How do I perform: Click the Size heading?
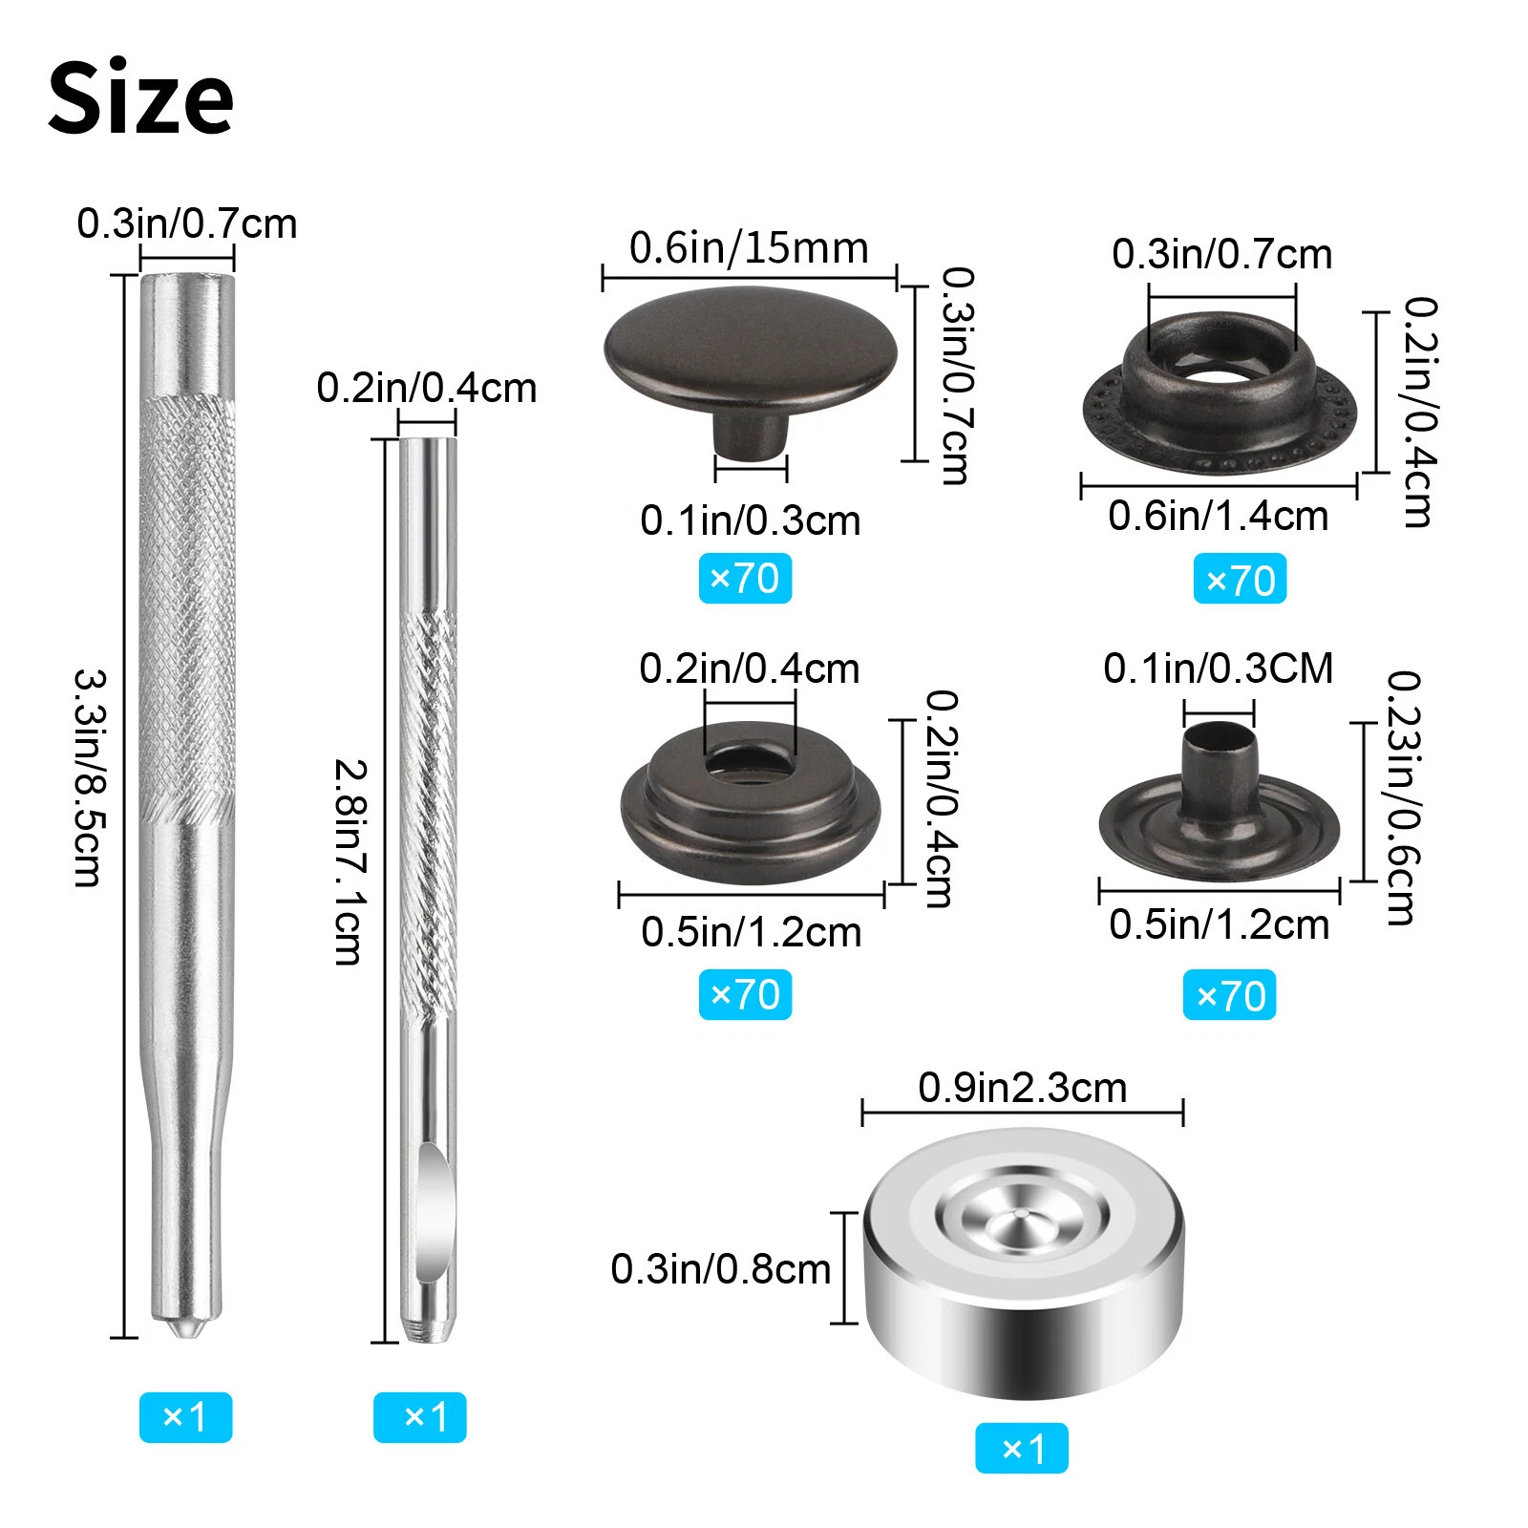click(x=140, y=97)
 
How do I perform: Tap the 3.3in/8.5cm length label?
click(x=91, y=777)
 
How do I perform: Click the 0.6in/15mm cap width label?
click(x=749, y=248)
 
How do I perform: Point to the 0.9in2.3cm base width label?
click(x=1022, y=1088)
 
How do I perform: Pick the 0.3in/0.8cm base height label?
click(x=720, y=1269)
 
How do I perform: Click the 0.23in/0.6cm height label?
click(x=1403, y=798)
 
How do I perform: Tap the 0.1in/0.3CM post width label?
click(x=1218, y=668)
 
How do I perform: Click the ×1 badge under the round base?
click(x=1021, y=1449)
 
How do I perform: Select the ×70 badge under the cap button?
click(x=745, y=579)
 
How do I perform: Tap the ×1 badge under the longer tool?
click(x=185, y=1416)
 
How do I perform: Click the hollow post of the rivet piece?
click(x=1219, y=764)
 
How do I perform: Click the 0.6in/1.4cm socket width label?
click(x=1218, y=517)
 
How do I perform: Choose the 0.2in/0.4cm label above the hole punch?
click(x=426, y=388)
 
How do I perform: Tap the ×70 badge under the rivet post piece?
click(x=1229, y=996)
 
